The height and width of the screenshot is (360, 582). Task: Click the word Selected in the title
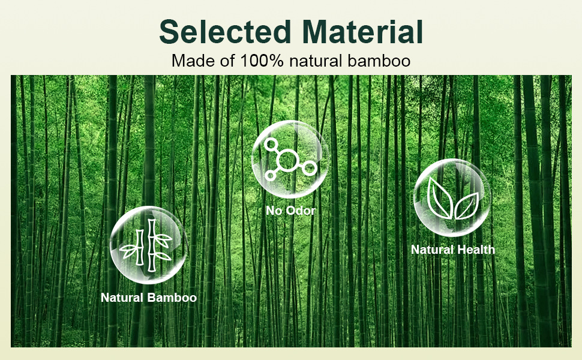click(x=225, y=32)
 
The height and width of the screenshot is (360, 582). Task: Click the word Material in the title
click(x=362, y=32)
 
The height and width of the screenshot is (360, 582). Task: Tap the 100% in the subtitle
click(x=262, y=61)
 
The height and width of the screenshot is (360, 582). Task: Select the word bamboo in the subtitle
click(x=379, y=61)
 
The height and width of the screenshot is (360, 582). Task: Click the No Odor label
click(x=290, y=211)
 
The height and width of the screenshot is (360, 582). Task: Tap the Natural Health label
click(x=453, y=250)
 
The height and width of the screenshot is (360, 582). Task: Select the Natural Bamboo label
click(x=148, y=297)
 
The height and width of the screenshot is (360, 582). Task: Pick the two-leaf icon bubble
click(x=452, y=198)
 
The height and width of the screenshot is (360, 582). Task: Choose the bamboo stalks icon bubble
click(x=148, y=245)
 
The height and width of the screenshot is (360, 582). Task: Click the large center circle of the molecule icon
click(x=287, y=160)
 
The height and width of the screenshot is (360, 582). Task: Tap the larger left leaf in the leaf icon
click(x=439, y=197)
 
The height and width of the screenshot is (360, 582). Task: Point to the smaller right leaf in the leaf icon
click(x=467, y=206)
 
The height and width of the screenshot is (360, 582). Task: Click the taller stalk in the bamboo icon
click(x=152, y=245)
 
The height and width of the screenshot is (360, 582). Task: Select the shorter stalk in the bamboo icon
click(x=140, y=247)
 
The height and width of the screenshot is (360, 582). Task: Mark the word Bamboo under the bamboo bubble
click(x=172, y=297)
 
